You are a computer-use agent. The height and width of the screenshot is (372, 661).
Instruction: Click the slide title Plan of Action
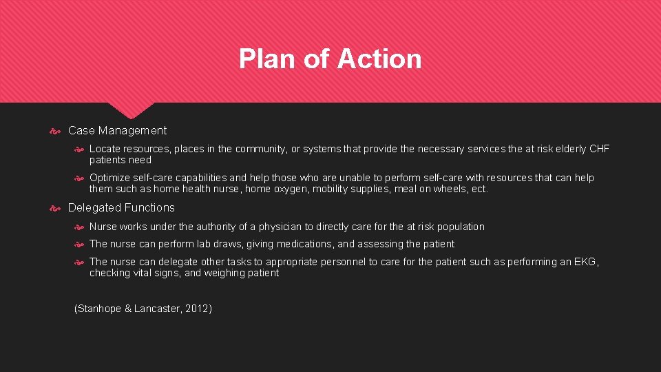[x=330, y=59]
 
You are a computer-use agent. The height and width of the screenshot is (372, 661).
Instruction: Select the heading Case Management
[x=117, y=130]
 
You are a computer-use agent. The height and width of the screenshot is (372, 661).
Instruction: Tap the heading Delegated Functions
[x=121, y=207]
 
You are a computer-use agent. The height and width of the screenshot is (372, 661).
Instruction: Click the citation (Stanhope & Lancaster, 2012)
[x=143, y=309]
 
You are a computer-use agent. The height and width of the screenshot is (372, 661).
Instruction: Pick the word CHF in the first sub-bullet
[x=599, y=149]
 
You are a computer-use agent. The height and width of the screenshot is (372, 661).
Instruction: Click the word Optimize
[x=109, y=178]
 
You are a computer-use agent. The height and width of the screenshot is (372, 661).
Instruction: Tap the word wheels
[x=451, y=189]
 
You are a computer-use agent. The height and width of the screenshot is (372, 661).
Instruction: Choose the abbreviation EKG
[x=586, y=262]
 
